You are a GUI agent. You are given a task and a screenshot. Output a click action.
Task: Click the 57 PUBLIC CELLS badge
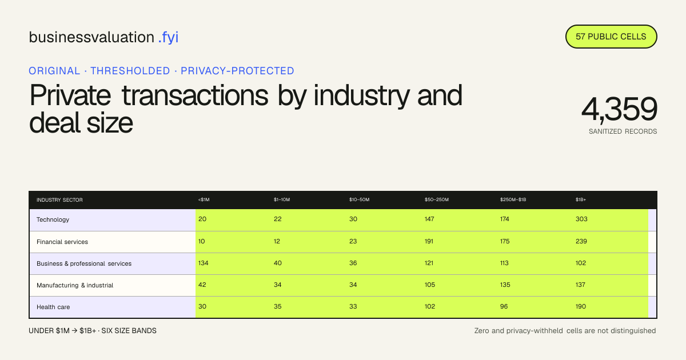pos(611,37)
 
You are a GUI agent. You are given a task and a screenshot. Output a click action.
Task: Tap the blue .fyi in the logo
pos(168,37)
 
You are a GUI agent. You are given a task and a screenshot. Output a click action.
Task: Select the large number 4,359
pos(619,109)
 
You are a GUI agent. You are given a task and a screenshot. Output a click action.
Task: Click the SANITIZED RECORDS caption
pos(623,131)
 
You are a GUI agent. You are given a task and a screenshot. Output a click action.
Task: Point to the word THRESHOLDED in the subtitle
pos(130,71)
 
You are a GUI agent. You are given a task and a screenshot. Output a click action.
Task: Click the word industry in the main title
pos(361,95)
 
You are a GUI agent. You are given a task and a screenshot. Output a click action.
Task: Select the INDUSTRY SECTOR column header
pos(59,200)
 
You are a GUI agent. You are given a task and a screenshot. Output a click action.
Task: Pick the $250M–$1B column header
pos(513,199)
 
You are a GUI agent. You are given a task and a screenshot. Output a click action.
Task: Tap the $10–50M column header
pos(359,199)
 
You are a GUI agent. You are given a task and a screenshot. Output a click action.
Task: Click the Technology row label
pos(53,219)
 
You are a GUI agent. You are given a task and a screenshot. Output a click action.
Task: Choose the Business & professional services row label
pos(84,263)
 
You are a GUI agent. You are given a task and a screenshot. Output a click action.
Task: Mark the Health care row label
pos(53,307)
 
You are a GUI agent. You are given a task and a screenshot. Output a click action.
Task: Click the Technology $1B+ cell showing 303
pos(581,219)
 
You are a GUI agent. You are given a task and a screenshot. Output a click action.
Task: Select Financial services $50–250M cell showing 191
pos(429,241)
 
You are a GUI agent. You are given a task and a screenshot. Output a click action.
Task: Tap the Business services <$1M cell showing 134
pos(203,263)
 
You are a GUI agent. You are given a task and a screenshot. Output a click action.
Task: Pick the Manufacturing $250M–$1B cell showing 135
pos(505,285)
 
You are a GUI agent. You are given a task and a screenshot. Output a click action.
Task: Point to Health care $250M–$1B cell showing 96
pos(504,306)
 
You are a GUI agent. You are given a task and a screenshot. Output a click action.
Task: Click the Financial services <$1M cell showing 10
pos(201,241)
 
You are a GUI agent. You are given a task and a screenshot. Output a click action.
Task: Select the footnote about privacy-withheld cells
pos(565,331)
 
